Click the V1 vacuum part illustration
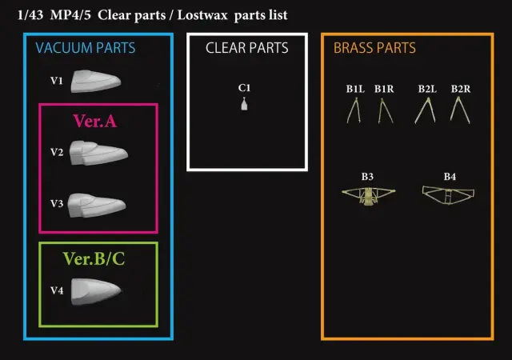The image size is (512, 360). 96,81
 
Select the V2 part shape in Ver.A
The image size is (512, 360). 98,153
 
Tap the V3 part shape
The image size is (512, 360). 97,205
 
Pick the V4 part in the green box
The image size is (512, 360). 96,292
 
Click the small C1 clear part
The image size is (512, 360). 244,104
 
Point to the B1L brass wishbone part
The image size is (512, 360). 354,110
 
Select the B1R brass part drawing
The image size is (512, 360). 386,111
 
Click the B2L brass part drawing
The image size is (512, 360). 425,110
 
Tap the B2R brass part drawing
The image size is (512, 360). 460,110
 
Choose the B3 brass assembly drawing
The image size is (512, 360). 368,196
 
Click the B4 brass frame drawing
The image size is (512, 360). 448,195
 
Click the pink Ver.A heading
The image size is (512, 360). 94,121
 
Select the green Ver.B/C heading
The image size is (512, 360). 94,258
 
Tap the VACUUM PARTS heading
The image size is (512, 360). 86,48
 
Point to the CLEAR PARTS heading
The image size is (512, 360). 247,48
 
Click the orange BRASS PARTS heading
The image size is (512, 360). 374,48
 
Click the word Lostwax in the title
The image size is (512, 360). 202,15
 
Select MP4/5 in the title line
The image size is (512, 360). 70,15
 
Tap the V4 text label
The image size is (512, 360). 57,290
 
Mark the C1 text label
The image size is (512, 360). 244,87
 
